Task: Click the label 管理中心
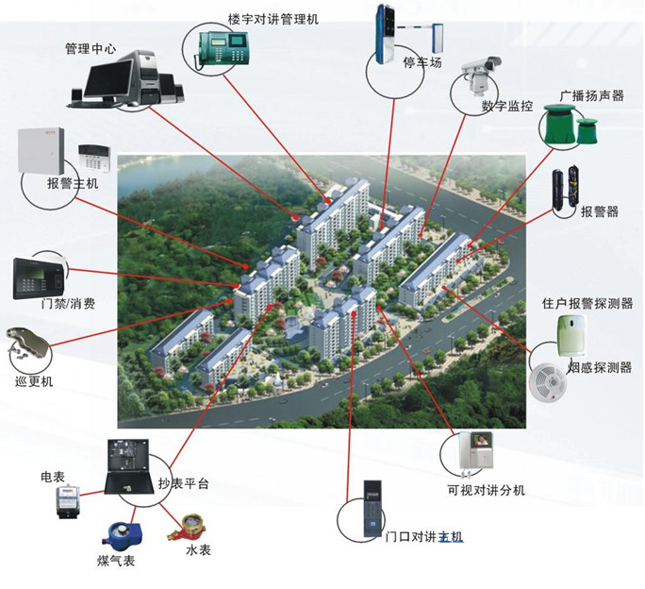tap(91, 48)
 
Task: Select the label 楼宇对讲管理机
tap(273, 18)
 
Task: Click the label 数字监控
tap(506, 106)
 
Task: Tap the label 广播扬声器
tap(591, 94)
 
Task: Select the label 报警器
tap(600, 211)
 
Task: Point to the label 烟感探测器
tap(600, 367)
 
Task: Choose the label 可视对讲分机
tap(486, 490)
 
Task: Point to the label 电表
tap(53, 477)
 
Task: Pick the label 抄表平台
tap(184, 484)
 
